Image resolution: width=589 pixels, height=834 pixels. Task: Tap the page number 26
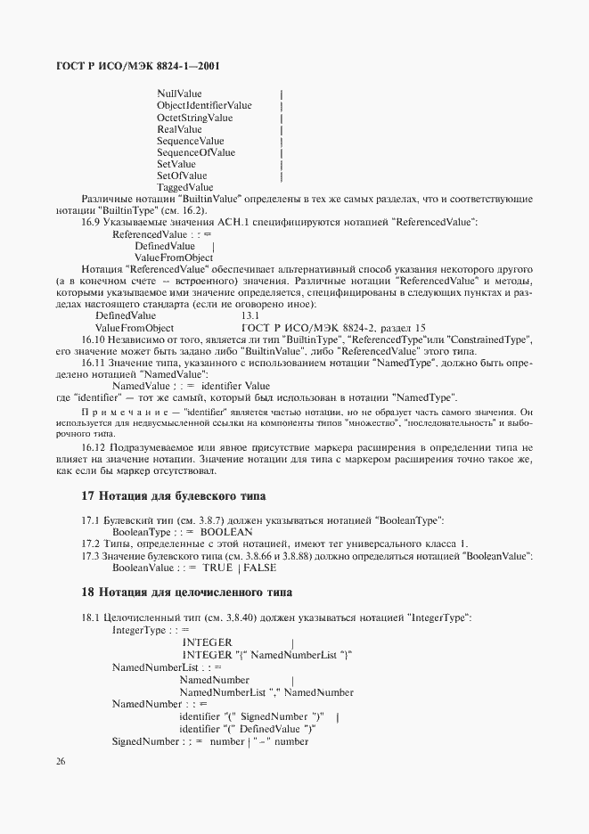click(x=61, y=762)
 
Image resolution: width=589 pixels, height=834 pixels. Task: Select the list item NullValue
click(x=179, y=94)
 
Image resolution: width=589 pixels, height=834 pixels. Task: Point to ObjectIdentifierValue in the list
click(x=204, y=106)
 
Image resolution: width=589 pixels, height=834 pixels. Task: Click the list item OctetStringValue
click(x=194, y=118)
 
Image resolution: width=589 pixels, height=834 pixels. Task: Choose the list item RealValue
click(x=179, y=129)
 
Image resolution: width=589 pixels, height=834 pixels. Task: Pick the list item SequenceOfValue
click(x=196, y=152)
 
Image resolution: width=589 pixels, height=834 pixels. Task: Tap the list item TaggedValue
click(x=184, y=187)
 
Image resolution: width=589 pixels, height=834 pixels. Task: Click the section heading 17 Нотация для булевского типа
click(x=173, y=495)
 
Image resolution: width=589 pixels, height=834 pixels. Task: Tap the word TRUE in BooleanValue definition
click(x=217, y=568)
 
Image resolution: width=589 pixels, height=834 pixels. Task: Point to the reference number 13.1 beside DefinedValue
click(x=250, y=316)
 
